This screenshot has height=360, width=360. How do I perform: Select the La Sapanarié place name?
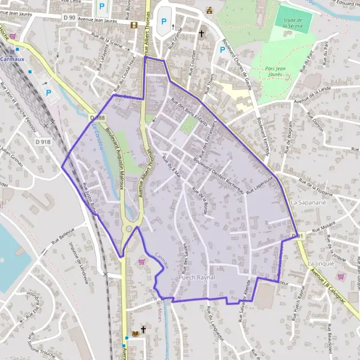pyautogui.click(x=307, y=203)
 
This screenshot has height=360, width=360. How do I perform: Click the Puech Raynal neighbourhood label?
pyautogui.click(x=196, y=279)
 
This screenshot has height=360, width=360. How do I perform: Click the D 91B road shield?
pyautogui.click(x=43, y=142)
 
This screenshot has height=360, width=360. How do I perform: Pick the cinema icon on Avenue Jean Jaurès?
pyautogui.click(x=134, y=25)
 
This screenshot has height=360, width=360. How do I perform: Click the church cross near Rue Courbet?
pyautogui.click(x=201, y=34)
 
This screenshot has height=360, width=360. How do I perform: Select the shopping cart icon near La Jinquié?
pyautogui.click(x=340, y=276)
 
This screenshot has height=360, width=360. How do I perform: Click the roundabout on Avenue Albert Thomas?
pyautogui.click(x=128, y=229)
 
